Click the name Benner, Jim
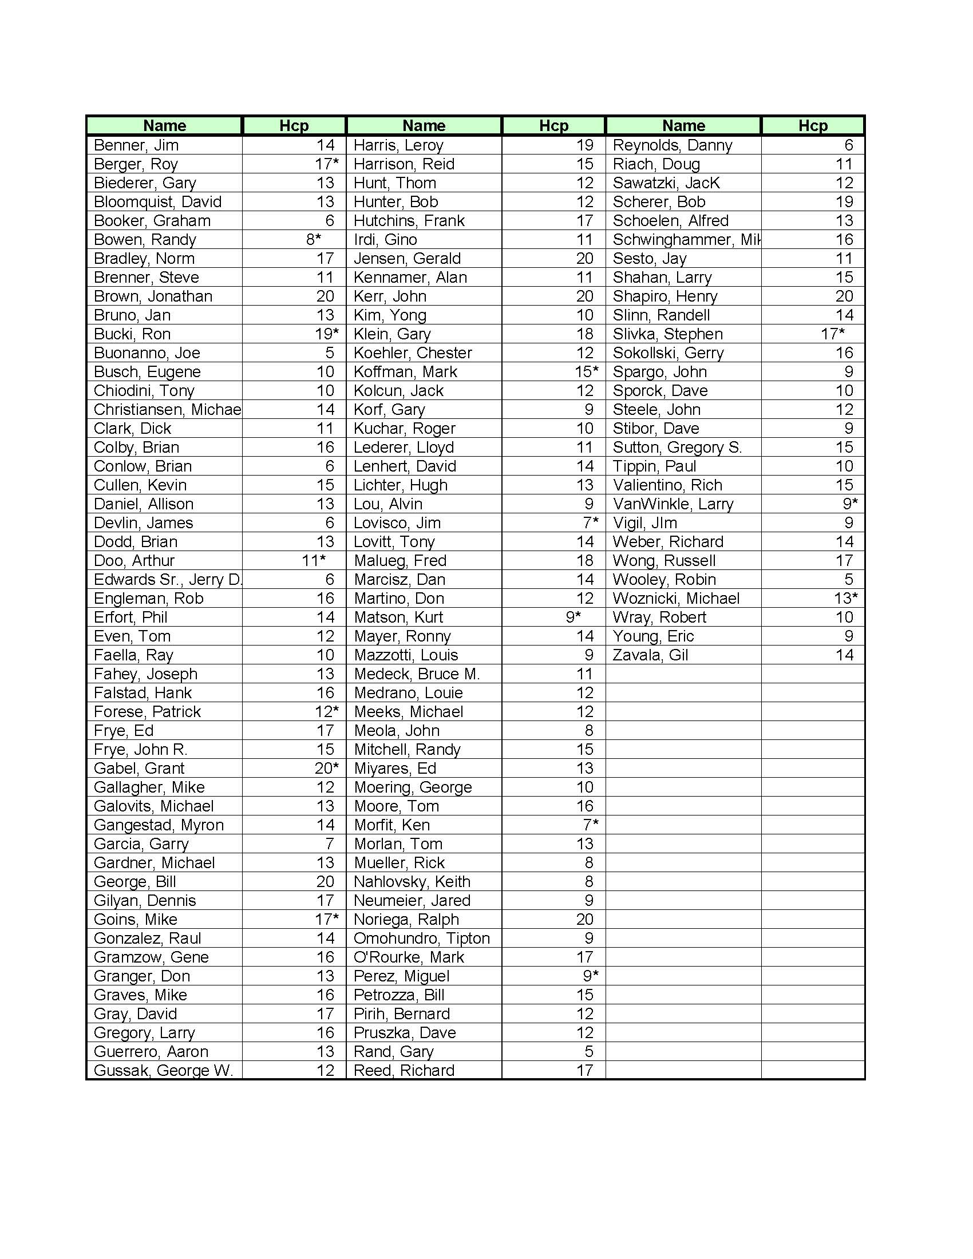(x=136, y=145)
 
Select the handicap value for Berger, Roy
(x=327, y=164)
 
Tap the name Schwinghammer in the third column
(x=686, y=240)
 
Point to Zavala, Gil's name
(x=650, y=655)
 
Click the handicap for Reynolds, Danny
(x=848, y=145)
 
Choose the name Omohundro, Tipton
(x=421, y=939)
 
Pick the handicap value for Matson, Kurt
(x=573, y=617)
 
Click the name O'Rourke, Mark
(x=409, y=957)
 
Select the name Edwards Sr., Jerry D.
(x=168, y=580)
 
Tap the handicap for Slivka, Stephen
(x=833, y=334)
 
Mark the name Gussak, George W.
(x=163, y=1071)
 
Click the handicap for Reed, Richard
(x=584, y=1071)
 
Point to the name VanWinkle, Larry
(x=673, y=504)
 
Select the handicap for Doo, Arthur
(x=314, y=561)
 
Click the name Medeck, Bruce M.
(x=417, y=675)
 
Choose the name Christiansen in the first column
(x=167, y=410)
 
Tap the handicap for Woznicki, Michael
(x=845, y=599)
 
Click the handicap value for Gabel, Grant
(x=327, y=769)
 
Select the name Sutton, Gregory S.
(x=677, y=448)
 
